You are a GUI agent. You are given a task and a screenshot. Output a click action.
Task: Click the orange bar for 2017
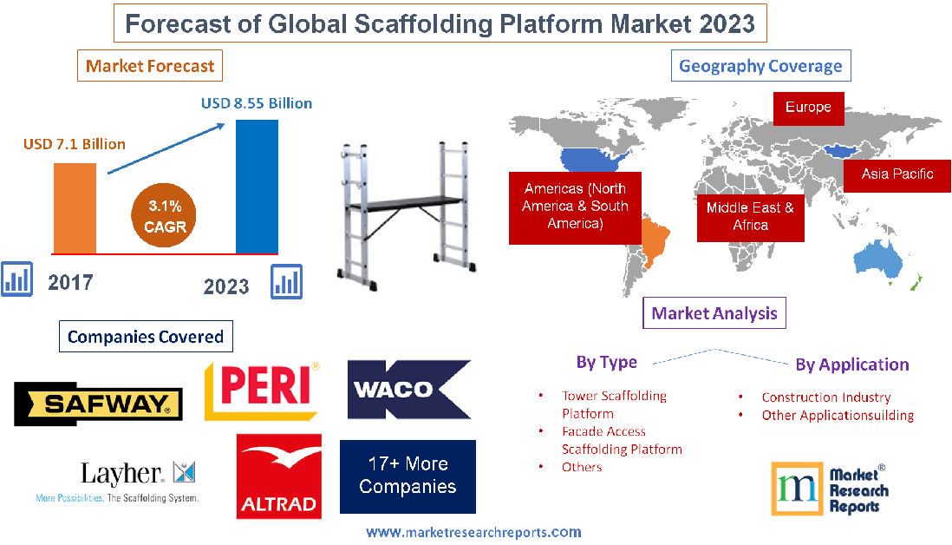pos(75,207)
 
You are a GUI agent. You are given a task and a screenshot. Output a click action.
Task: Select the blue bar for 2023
pos(257,186)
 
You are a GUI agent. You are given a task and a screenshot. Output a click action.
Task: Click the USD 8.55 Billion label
pos(257,103)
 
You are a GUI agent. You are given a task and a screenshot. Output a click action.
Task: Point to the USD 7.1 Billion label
pos(75,144)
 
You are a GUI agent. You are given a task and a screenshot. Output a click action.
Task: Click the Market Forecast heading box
pos(150,66)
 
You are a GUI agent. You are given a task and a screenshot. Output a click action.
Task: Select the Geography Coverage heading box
pos(760,66)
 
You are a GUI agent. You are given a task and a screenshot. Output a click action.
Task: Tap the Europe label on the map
pos(808,108)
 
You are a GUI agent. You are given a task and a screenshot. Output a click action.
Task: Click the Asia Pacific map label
pos(897,174)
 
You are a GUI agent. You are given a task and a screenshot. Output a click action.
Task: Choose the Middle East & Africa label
pos(750,216)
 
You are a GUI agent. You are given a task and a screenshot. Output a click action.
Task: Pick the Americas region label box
pos(575,206)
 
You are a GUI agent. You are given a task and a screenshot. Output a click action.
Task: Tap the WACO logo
pos(408,390)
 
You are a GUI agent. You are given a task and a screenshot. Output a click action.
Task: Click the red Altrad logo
pos(278,476)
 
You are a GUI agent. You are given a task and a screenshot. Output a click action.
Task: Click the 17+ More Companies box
pos(408,476)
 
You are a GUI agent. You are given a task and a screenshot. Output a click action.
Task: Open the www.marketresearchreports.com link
pos(473,532)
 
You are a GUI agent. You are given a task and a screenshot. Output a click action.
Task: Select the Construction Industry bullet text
pos(825,397)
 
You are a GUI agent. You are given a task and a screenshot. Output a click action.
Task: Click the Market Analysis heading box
pos(714,312)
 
